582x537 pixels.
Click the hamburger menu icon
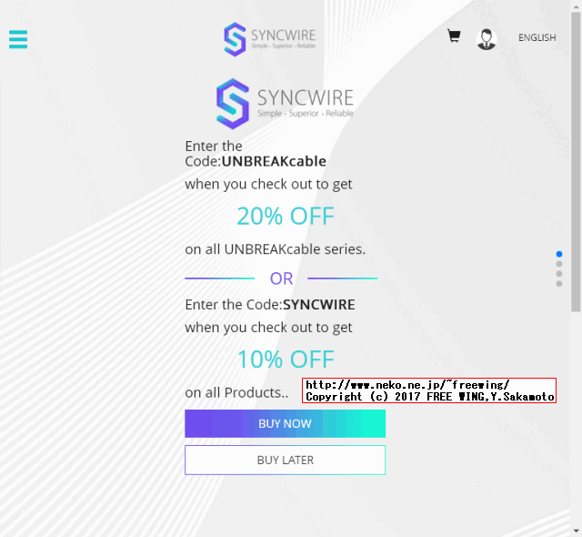[18, 39]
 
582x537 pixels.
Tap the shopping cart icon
[454, 36]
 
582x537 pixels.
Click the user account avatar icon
[487, 38]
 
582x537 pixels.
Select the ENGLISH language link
[537, 38]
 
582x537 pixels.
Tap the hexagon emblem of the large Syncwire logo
[233, 103]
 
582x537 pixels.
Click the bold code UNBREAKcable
[274, 162]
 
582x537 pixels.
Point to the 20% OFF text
[286, 217]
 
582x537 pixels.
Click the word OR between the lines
[282, 279]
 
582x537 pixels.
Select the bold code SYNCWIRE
[318, 305]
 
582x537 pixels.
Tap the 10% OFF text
[286, 360]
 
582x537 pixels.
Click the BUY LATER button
[285, 460]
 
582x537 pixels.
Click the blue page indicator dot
[559, 254]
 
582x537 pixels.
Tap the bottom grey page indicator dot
[559, 284]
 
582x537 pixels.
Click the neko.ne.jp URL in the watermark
[407, 385]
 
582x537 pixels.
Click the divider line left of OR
[219, 279]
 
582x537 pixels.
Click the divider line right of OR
[342, 279]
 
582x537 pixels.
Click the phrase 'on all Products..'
[236, 393]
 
